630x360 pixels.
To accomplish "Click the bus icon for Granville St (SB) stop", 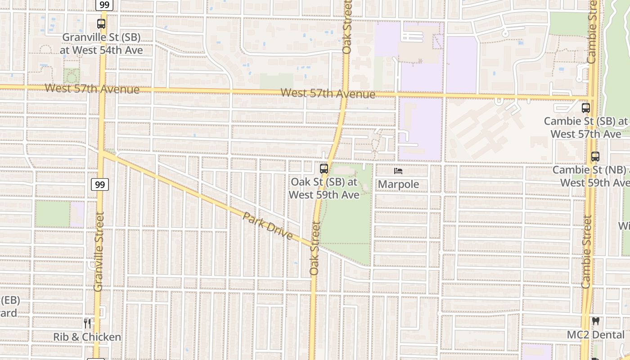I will (101, 24).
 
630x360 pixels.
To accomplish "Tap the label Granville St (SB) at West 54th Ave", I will (101, 44).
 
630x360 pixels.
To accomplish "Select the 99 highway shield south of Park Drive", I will (102, 184).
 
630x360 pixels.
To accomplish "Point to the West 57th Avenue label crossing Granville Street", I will (92, 89).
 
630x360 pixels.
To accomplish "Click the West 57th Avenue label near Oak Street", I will (328, 94).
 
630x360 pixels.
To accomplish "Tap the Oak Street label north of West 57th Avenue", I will (346, 27).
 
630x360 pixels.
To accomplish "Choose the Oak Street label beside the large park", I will (315, 247).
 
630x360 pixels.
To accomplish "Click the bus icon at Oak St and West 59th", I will (324, 169).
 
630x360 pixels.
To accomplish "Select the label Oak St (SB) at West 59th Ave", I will (324, 189).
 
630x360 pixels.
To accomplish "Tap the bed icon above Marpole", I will (398, 171).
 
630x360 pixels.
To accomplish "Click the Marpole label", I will (398, 184).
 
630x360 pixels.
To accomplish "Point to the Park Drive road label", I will (268, 226).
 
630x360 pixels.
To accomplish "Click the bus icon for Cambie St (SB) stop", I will (585, 108).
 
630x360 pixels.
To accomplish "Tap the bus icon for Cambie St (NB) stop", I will (595, 157).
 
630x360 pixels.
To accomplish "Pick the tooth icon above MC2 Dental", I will (596, 322).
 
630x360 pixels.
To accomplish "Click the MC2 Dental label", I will (596, 335).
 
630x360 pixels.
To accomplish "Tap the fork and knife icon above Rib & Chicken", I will (87, 323).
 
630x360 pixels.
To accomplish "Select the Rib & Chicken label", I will (87, 337).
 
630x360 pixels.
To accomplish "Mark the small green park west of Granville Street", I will (53, 214).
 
